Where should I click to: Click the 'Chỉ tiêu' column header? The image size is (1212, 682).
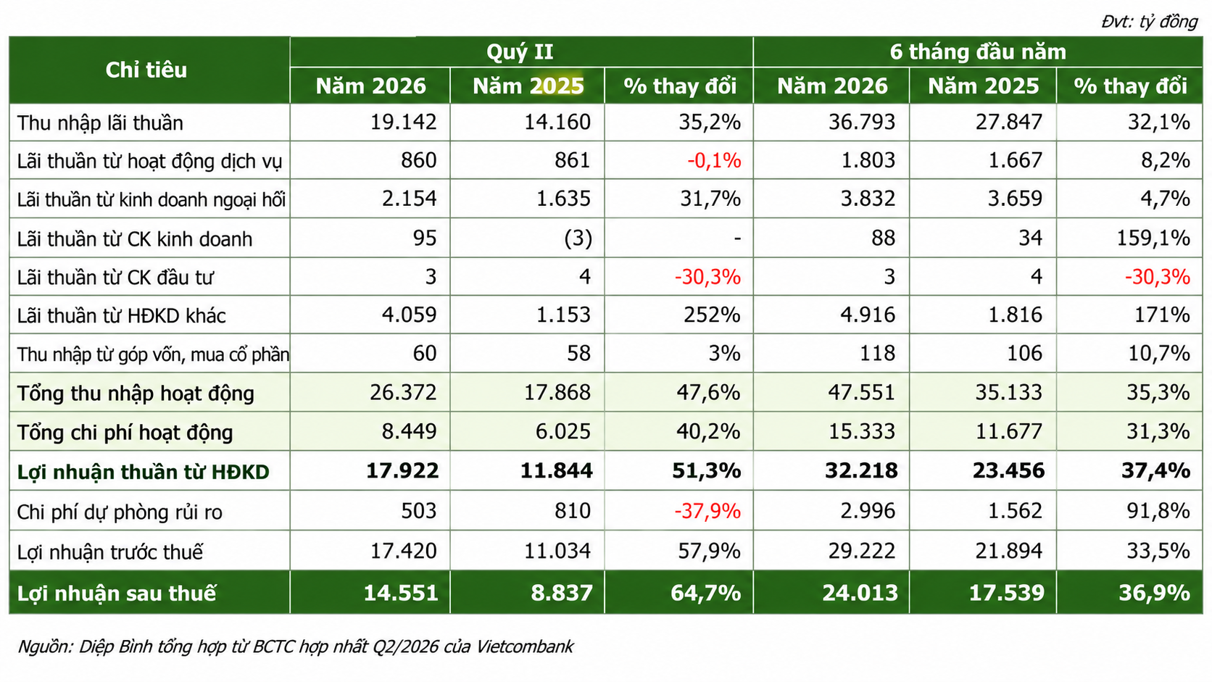[x=146, y=70]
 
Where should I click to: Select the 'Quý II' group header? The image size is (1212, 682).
[x=520, y=52]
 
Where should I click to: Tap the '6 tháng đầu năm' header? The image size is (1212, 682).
[x=978, y=52]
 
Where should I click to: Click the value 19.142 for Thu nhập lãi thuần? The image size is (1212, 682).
[x=403, y=122]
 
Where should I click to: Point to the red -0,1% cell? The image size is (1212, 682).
[x=714, y=161]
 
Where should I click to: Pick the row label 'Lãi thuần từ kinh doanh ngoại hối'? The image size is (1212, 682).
[x=151, y=199]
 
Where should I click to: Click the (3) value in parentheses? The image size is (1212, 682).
[x=578, y=238]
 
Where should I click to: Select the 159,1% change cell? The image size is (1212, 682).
[x=1153, y=238]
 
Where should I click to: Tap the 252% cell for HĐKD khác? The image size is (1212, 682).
[x=712, y=315]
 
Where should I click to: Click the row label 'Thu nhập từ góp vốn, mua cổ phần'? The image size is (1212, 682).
[x=153, y=354]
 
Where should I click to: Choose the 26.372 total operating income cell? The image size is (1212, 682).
[x=403, y=392]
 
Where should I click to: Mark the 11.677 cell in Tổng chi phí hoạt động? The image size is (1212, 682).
[x=1008, y=431]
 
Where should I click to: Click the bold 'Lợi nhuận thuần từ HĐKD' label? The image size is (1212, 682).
[x=143, y=472]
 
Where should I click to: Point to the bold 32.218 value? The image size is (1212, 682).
[x=861, y=470]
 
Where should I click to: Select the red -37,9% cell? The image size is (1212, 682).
[x=707, y=510]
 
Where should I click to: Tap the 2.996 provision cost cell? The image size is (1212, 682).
[x=868, y=510]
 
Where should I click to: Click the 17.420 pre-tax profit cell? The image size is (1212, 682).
[x=403, y=551]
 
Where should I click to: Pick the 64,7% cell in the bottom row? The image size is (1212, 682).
[x=705, y=594]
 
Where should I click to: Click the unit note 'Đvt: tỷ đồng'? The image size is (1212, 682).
[x=1149, y=22]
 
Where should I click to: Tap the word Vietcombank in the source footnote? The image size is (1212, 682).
[x=524, y=646]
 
